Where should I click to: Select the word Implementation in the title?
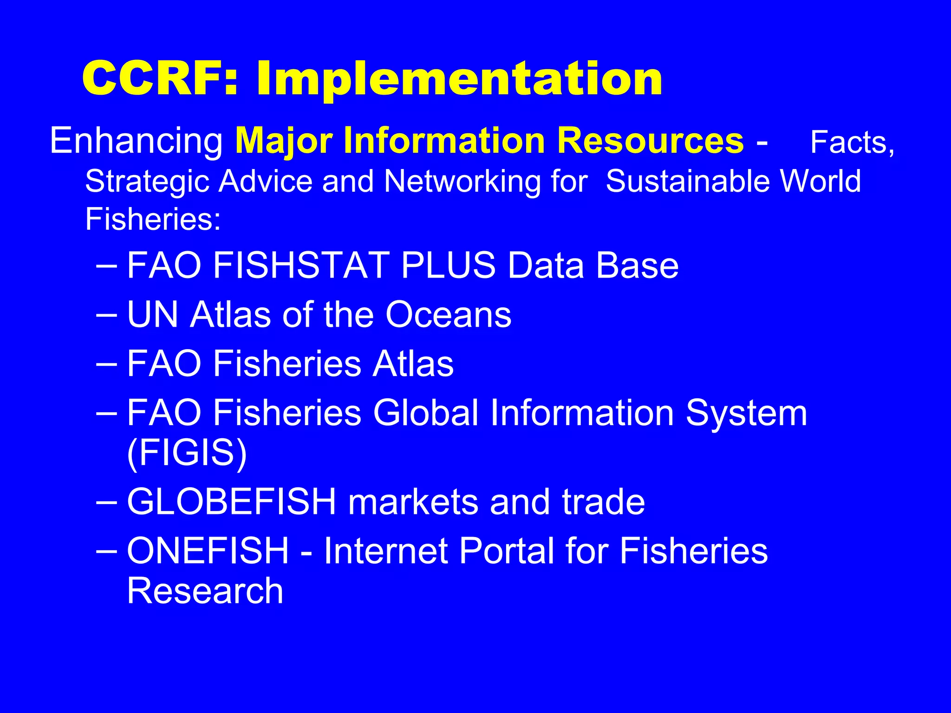tap(459, 80)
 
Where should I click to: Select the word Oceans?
tap(448, 315)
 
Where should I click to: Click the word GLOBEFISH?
tap(231, 502)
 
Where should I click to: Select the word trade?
tap(603, 502)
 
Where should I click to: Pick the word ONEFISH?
tap(208, 551)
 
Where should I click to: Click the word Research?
tap(205, 590)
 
